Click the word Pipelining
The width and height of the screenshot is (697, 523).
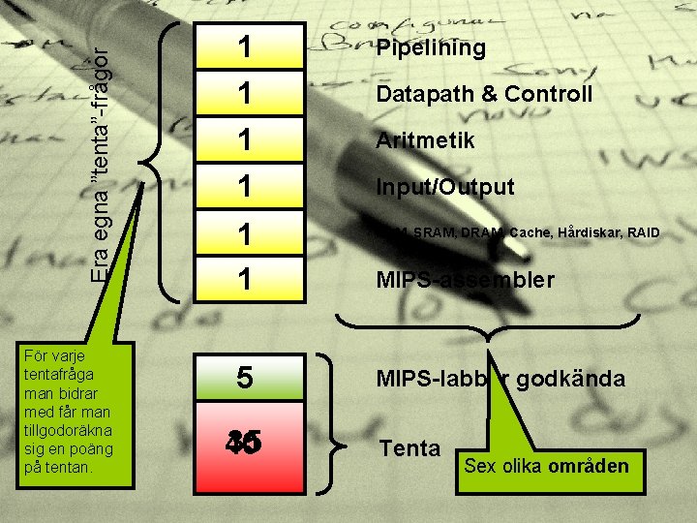pos(431,48)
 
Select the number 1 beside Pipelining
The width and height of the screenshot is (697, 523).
pos(246,47)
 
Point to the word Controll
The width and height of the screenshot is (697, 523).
pos(550,95)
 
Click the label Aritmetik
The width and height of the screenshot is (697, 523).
pos(426,140)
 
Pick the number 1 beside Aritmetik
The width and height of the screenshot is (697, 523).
pos(246,140)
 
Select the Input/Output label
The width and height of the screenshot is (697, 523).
pos(445,187)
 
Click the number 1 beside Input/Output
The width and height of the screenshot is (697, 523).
pos(246,187)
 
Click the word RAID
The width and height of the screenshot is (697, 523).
pos(645,233)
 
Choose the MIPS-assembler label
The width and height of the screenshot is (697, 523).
pos(466,281)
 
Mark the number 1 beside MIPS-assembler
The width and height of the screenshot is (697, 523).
pos(246,280)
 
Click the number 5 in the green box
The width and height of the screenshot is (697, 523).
pos(246,378)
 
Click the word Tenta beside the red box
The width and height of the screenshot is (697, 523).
pos(409,448)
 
